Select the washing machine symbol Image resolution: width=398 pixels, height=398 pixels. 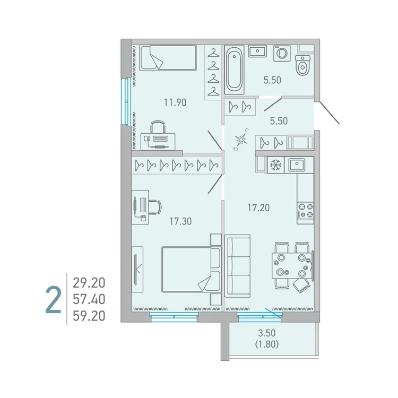281,53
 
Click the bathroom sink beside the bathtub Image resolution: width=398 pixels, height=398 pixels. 257,51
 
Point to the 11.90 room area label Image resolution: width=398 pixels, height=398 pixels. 175,103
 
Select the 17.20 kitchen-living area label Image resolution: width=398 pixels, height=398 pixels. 258,208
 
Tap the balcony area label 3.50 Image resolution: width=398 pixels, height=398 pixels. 268,334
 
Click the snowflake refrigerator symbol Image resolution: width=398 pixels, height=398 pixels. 275,165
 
